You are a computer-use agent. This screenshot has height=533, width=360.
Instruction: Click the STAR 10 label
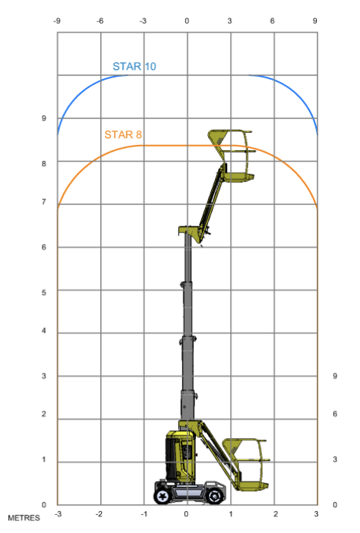point(134,66)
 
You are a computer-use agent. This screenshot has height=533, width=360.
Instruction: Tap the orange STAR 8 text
point(123,134)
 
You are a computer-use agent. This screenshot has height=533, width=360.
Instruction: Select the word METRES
point(24,518)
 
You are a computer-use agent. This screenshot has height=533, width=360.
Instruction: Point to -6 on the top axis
point(99,21)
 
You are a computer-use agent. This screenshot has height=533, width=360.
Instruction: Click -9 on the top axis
point(57,21)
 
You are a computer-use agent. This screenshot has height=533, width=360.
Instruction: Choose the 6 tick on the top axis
point(273,21)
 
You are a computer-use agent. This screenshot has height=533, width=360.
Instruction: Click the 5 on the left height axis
point(44,292)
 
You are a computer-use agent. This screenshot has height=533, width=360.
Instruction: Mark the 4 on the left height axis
point(44,331)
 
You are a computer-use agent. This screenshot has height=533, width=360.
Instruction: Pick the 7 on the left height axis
point(44,202)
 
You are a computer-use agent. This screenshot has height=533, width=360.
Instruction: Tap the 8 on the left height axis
point(44,164)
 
